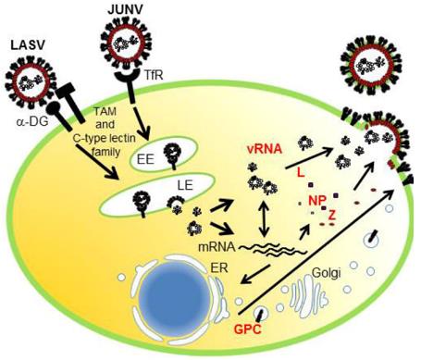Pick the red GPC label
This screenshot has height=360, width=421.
246,329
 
